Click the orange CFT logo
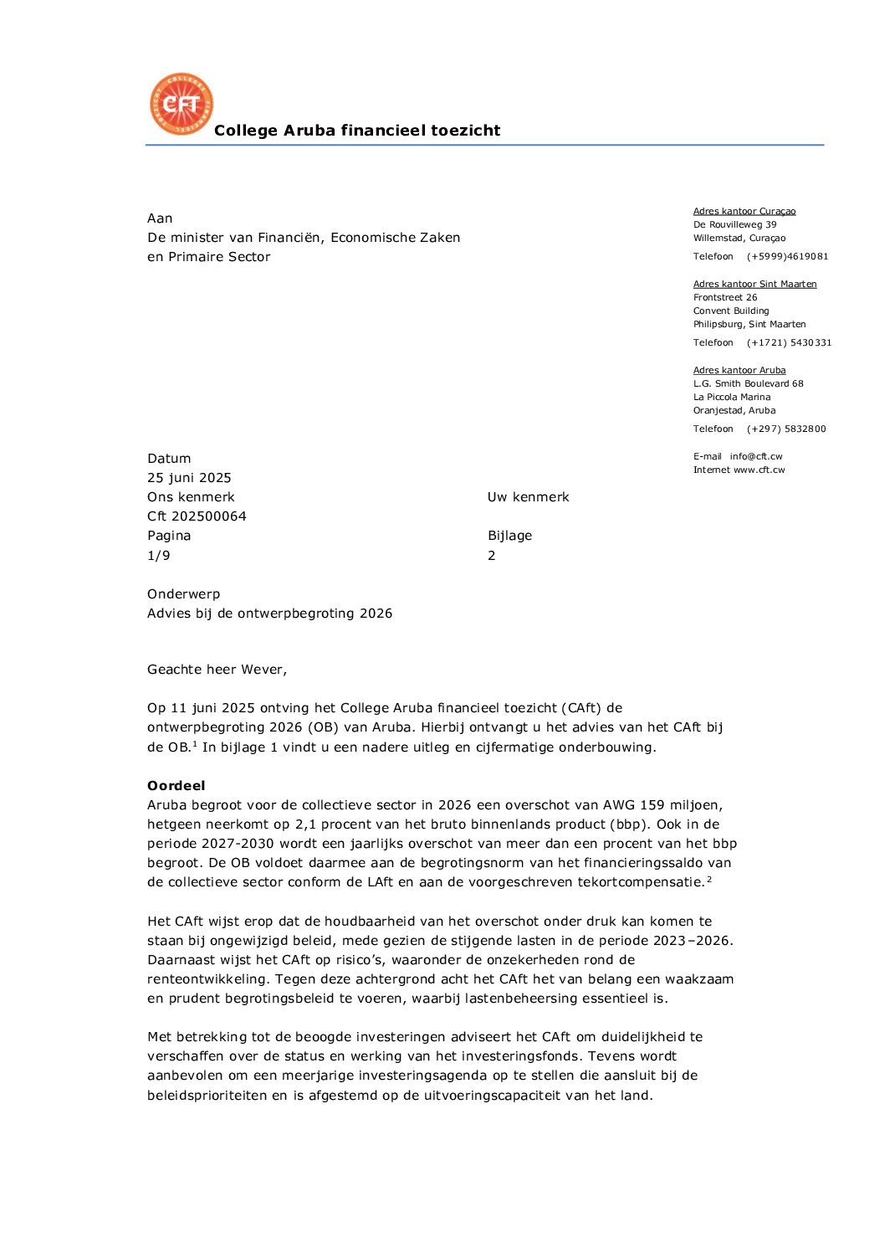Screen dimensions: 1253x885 point(182,104)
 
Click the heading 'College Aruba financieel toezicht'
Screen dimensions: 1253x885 point(357,131)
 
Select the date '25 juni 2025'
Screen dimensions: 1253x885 point(189,478)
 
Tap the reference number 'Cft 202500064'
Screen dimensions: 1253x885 point(197,516)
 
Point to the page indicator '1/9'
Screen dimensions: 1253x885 point(158,556)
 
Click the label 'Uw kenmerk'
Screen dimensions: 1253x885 point(528,497)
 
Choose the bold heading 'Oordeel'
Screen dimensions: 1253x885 point(176,786)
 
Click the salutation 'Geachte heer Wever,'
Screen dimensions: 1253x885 point(217,670)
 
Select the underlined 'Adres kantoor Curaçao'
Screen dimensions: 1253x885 point(744,212)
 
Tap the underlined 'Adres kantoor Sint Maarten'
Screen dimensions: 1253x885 point(755,285)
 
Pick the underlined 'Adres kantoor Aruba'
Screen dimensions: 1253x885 point(739,371)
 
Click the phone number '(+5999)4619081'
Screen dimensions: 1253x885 point(787,257)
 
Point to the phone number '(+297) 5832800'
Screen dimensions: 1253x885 point(786,429)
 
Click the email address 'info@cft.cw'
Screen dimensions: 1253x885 point(755,457)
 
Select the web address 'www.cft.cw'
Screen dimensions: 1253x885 point(759,470)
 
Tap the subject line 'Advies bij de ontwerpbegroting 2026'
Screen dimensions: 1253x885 point(269,614)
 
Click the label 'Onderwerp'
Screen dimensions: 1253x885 point(183,594)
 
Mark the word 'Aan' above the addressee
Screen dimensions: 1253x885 point(160,218)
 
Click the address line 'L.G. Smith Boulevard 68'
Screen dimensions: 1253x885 point(748,384)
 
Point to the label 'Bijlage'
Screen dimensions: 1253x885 point(509,536)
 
